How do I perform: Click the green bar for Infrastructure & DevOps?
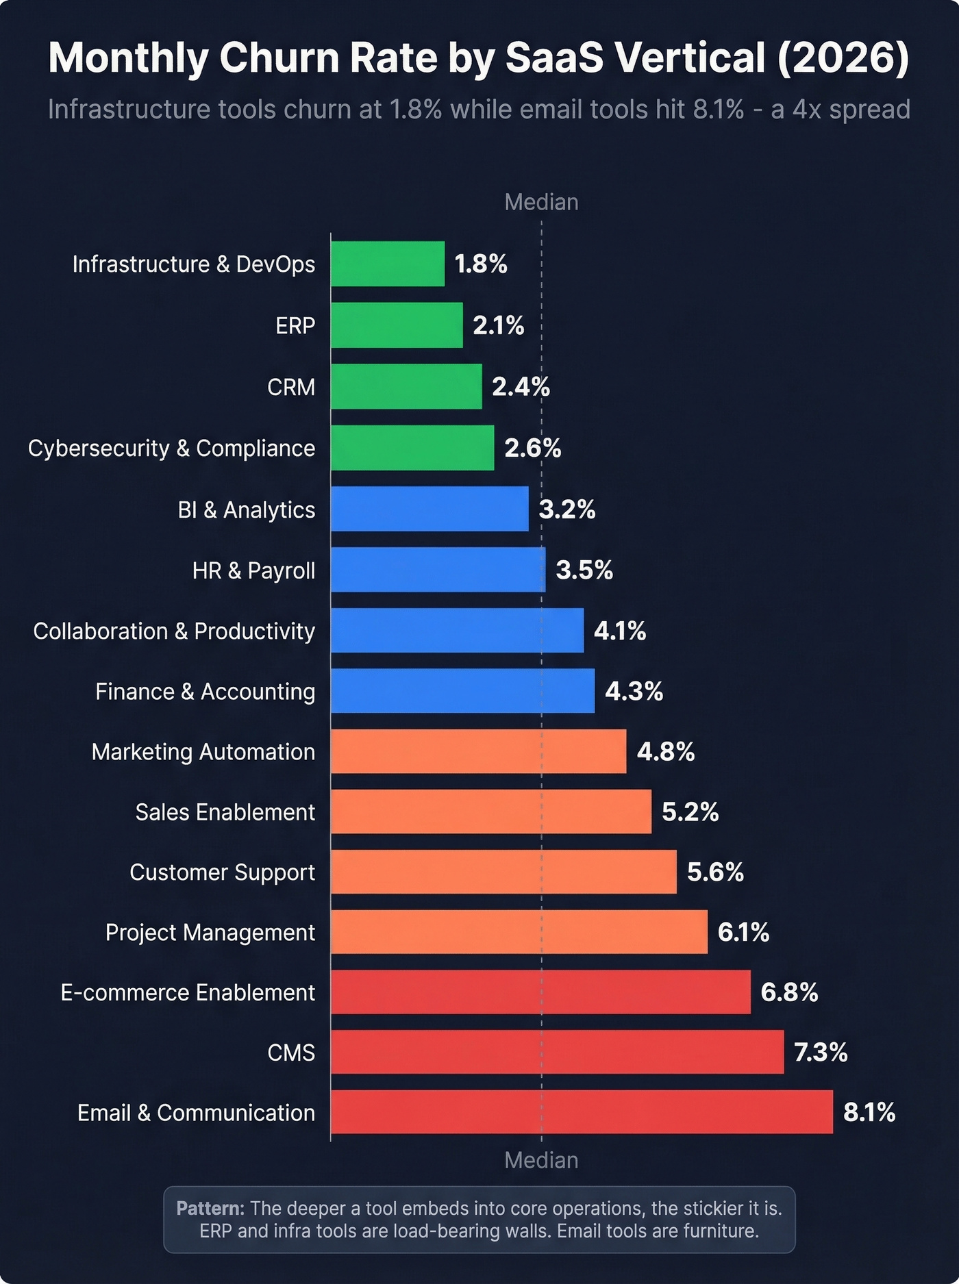tap(388, 264)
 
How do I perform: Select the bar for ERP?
tap(397, 325)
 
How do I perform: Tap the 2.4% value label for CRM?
tap(521, 387)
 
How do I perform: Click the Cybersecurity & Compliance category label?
tap(171, 448)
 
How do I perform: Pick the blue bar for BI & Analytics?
tap(429, 509)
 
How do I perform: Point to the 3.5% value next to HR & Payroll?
tap(584, 570)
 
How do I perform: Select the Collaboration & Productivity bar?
tap(457, 630)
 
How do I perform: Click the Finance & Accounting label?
tap(205, 691)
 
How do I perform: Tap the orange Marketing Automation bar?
tap(478, 751)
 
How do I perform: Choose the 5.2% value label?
tap(690, 811)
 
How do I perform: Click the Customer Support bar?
tap(503, 872)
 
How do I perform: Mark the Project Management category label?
tap(210, 932)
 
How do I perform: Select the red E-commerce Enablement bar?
tap(540, 992)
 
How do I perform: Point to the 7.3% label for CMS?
tap(820, 1052)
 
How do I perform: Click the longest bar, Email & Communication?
tap(582, 1112)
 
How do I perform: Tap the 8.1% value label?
tap(869, 1112)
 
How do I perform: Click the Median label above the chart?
tap(541, 202)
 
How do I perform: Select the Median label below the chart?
tap(541, 1160)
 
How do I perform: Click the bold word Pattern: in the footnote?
tap(210, 1208)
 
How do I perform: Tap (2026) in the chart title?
tap(843, 58)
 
